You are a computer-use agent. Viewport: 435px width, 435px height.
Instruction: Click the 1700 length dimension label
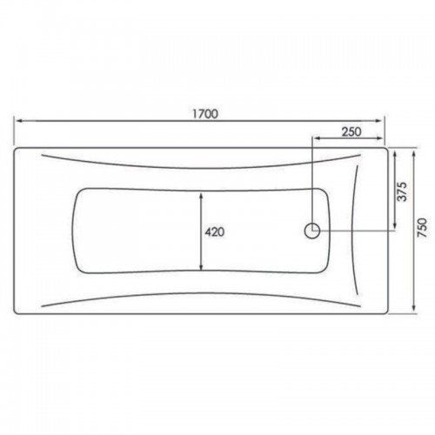[x=205, y=114]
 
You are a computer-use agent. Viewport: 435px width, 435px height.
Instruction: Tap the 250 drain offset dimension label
[x=351, y=131]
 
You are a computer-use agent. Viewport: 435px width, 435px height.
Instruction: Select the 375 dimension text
[x=403, y=191]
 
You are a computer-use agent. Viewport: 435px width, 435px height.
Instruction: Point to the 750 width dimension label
[x=423, y=228]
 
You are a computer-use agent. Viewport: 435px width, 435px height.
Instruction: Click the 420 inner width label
[x=215, y=231]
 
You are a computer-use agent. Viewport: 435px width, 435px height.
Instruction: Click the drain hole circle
[x=312, y=231]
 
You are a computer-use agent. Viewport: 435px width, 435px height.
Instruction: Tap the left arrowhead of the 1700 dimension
[x=19, y=121]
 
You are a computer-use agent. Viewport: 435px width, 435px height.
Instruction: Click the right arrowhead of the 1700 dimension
[x=379, y=121]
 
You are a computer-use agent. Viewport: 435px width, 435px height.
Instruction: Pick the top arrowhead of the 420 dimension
[x=201, y=197]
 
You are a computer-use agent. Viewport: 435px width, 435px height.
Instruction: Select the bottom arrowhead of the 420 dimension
[x=201, y=266]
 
